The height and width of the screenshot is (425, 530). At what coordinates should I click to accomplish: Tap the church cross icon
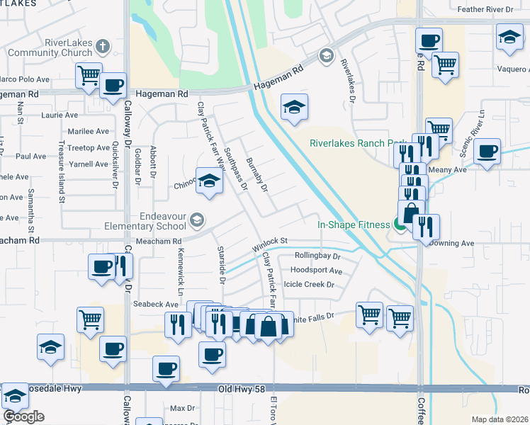pyautogui.click(x=103, y=47)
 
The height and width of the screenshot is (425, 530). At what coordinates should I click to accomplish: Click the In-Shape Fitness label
pyautogui.click(x=353, y=225)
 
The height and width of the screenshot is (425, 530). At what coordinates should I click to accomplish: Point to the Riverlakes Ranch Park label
pyautogui.click(x=351, y=142)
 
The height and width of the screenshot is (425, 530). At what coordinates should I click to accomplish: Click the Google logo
pyautogui.click(x=23, y=416)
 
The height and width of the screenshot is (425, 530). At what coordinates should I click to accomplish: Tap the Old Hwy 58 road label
pyautogui.click(x=242, y=390)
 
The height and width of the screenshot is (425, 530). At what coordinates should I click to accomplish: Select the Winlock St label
pyautogui.click(x=270, y=246)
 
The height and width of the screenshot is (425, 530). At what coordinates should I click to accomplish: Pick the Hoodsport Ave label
pyautogui.click(x=316, y=271)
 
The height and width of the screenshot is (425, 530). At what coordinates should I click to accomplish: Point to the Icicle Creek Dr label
pyautogui.click(x=308, y=284)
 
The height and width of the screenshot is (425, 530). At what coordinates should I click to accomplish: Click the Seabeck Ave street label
pyautogui.click(x=155, y=304)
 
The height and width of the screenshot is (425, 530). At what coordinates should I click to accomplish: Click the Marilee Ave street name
pyautogui.click(x=88, y=131)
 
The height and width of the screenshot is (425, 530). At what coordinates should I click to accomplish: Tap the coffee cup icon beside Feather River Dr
pyautogui.click(x=429, y=41)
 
